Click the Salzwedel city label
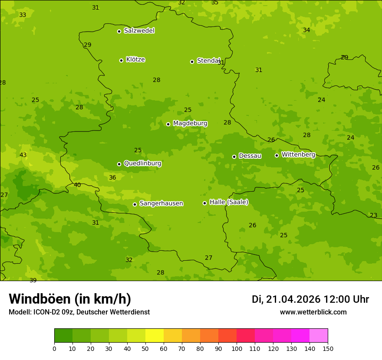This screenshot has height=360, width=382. (x=139, y=31)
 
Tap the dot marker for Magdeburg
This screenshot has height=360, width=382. (x=168, y=124)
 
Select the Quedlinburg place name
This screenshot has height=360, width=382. (x=142, y=164)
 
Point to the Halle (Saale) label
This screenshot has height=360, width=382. (x=229, y=202)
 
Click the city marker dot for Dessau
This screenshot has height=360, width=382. (x=234, y=157)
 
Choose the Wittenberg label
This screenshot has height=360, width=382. (x=298, y=154)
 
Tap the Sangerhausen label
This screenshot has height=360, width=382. (x=161, y=203)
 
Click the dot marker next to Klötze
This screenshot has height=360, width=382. (x=121, y=60)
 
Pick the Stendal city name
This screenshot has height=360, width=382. (x=208, y=61)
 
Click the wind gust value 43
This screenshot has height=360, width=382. (x=23, y=155)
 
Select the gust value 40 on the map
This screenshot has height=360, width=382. (x=77, y=185)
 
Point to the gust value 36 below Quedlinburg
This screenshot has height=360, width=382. (x=112, y=178)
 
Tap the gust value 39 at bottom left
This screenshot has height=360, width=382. (x=33, y=281)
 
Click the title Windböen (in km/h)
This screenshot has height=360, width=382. (x=70, y=299)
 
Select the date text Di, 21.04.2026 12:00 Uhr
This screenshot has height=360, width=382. (x=310, y=299)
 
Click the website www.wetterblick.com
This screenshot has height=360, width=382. (x=313, y=312)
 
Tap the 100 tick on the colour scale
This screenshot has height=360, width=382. (x=237, y=348)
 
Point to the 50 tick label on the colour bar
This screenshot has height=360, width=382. (x=145, y=348)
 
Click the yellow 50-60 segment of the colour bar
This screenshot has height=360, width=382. (x=155, y=336)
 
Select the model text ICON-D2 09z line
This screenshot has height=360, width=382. (x=79, y=312)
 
